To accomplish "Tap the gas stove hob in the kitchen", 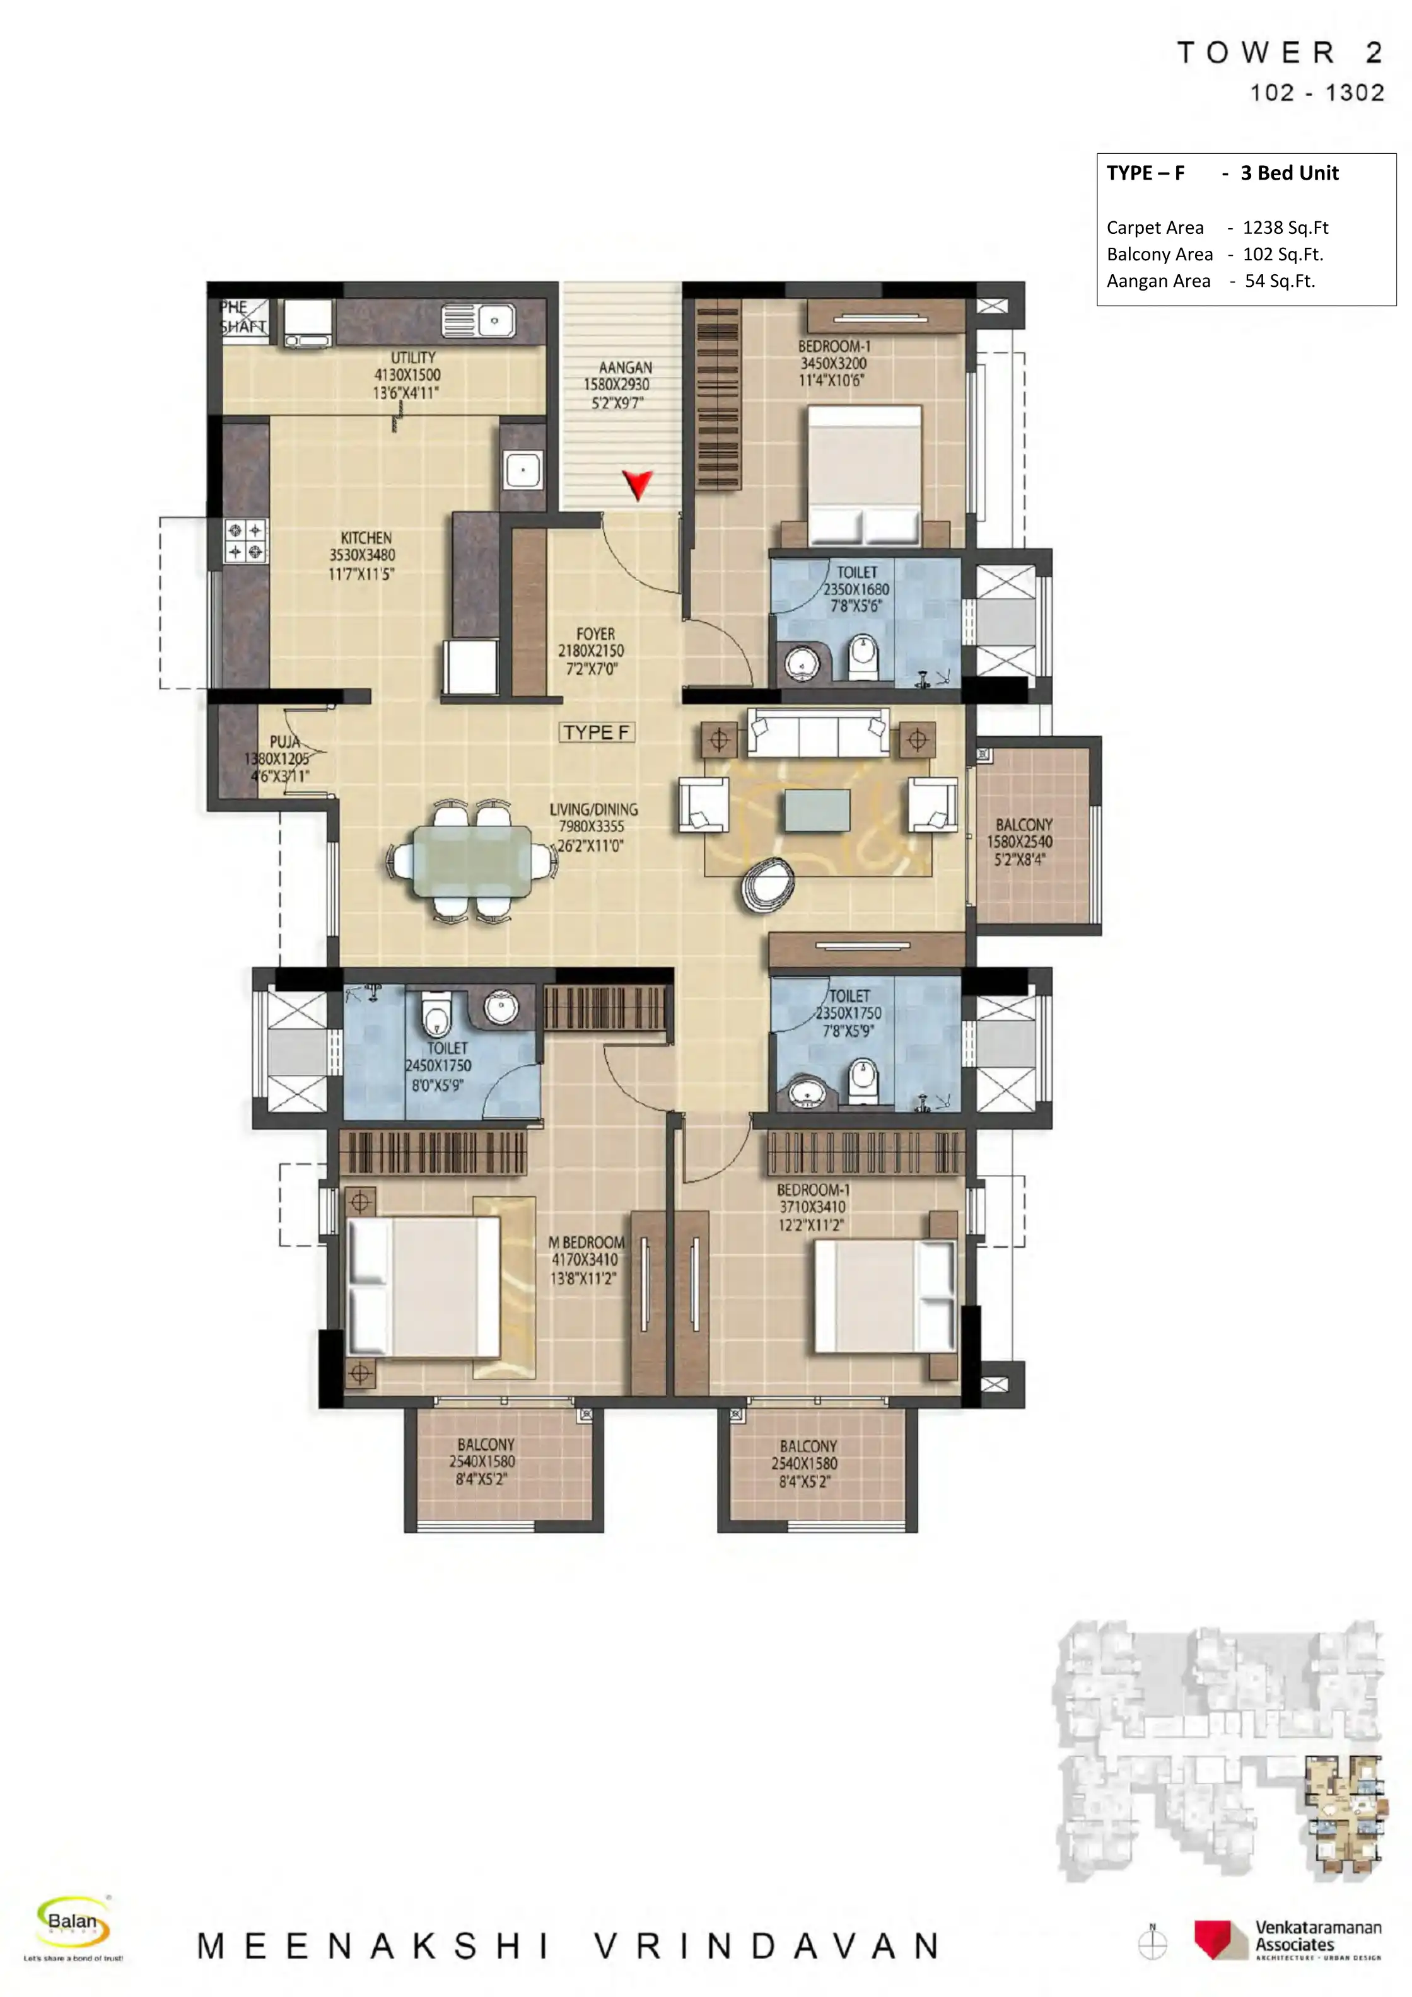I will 245,540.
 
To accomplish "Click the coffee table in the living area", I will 816,810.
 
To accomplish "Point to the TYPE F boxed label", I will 596,732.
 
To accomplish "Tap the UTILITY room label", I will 412,357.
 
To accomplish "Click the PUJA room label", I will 284,742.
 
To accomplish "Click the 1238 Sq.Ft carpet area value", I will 1284,228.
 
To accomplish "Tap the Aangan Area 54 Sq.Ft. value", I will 1279,281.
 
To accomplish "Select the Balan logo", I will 73,1921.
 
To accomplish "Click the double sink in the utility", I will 477,320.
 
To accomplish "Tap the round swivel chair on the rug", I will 767,884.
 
